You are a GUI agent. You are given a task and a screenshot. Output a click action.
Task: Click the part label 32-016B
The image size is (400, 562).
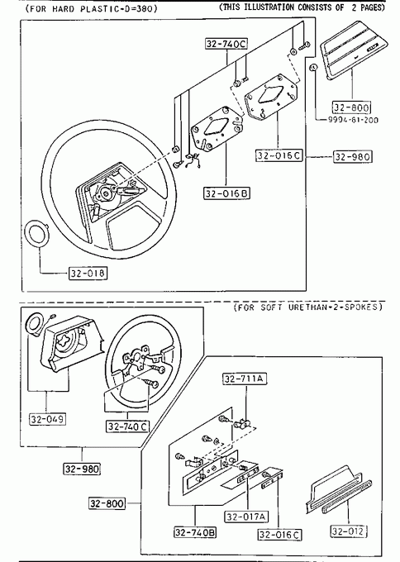click(227, 193)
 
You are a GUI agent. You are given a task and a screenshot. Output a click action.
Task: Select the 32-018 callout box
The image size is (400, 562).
click(88, 274)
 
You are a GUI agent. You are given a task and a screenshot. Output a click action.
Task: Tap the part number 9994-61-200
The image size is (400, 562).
click(353, 120)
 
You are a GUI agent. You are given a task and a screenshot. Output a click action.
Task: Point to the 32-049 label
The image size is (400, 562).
click(47, 419)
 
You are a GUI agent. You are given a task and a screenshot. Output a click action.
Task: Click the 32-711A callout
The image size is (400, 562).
click(245, 379)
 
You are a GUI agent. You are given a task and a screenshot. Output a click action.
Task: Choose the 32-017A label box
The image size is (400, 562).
click(247, 517)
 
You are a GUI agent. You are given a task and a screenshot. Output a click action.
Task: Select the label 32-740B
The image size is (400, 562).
click(195, 532)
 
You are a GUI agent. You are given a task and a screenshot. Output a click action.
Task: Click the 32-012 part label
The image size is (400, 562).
click(349, 531)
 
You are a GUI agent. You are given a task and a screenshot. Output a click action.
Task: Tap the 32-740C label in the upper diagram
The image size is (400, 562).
click(227, 44)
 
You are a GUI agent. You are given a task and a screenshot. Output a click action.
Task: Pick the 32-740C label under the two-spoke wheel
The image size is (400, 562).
click(127, 426)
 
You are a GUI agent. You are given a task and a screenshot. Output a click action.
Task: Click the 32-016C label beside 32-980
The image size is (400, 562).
click(279, 155)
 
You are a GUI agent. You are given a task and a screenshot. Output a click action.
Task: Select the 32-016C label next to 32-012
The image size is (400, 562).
click(280, 535)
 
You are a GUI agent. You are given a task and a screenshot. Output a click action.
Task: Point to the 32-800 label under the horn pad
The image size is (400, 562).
click(351, 107)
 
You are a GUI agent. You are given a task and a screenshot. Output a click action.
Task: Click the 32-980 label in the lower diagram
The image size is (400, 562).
click(82, 469)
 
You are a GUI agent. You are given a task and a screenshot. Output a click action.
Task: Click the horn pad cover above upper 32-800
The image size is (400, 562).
click(351, 49)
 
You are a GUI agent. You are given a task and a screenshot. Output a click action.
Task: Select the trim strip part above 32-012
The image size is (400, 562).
click(339, 489)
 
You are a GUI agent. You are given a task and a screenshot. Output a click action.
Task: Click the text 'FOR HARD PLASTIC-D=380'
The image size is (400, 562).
click(91, 8)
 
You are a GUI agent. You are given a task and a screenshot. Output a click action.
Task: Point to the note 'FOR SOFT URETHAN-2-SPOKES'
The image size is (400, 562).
click(308, 307)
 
